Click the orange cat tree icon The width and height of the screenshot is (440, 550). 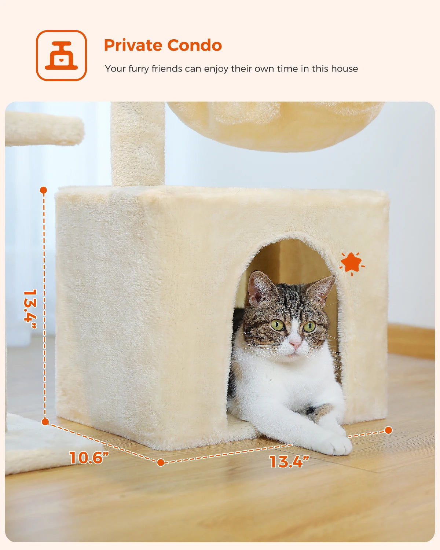61,55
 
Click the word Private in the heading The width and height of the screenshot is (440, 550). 133,45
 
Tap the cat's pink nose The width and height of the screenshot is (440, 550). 295,344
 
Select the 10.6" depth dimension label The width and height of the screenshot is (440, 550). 89,458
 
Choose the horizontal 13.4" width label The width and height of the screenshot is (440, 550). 289,461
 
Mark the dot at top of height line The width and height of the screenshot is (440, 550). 44,190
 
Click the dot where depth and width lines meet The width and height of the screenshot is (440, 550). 161,463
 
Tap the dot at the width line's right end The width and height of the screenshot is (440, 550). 388,430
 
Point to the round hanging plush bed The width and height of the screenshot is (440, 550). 275,125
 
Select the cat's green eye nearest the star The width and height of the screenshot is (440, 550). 309,326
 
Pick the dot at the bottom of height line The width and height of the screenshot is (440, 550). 45,422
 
